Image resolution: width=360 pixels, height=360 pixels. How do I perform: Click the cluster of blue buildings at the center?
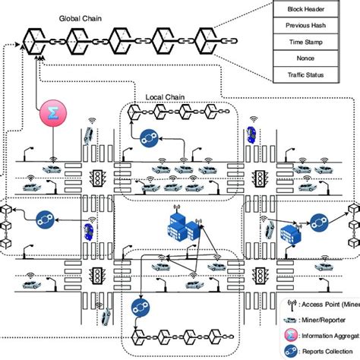(x=179, y=224)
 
